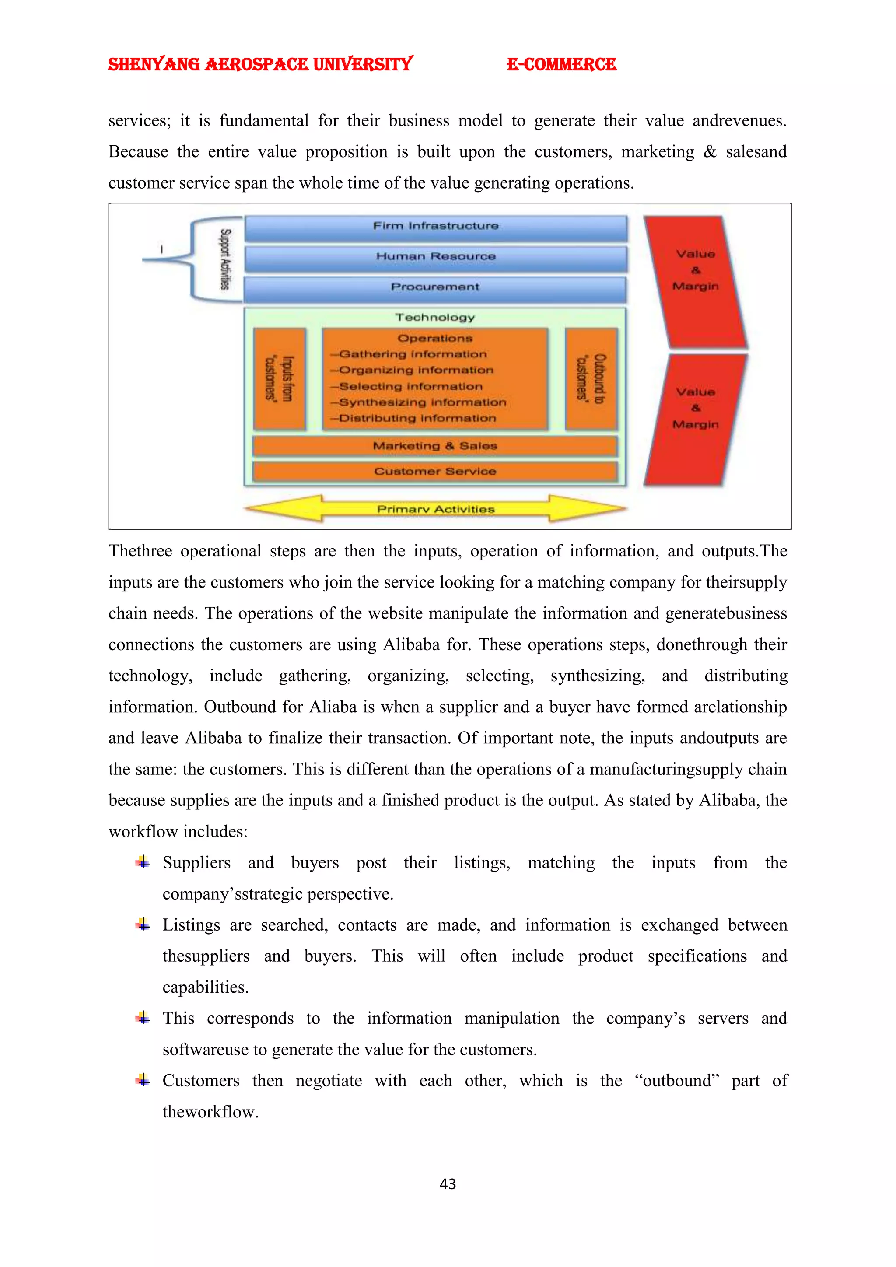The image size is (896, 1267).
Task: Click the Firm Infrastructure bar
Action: [435, 227]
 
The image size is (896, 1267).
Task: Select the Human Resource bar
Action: [435, 257]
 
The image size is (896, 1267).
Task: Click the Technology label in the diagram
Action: [435, 317]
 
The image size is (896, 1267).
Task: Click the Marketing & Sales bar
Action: [435, 446]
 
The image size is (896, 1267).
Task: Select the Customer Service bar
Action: [435, 471]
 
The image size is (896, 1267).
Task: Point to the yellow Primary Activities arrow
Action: [435, 509]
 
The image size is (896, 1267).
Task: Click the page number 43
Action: [448, 1184]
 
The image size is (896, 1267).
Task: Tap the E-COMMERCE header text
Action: [561, 65]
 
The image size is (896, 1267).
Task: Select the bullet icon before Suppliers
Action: [143, 862]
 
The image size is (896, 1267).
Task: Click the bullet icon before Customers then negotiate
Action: [143, 1080]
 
